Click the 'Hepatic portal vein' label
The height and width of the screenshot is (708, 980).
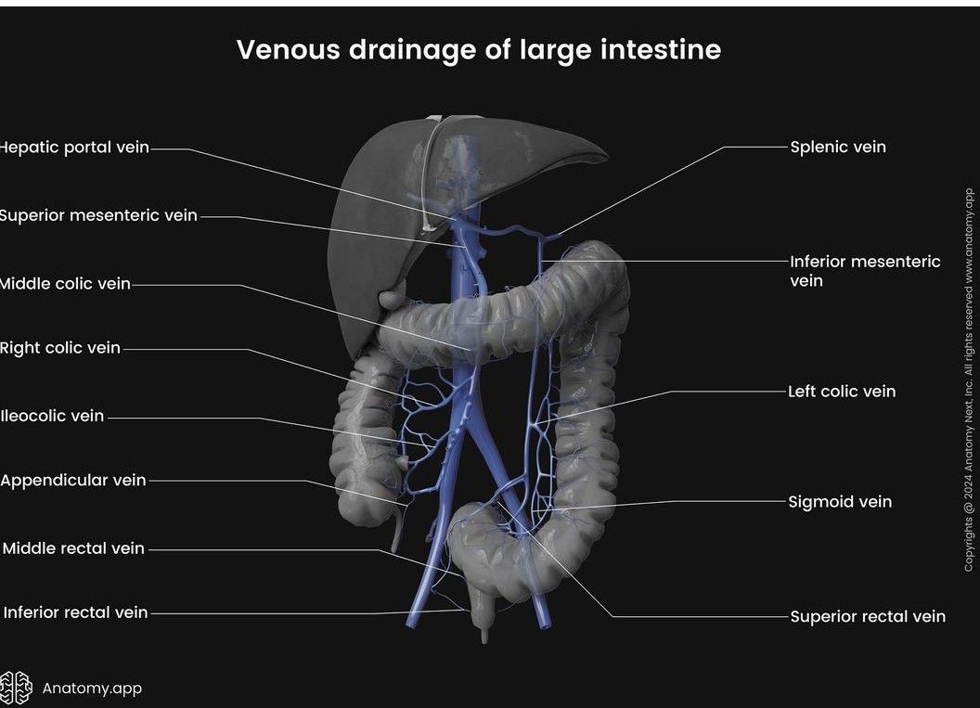point(74,148)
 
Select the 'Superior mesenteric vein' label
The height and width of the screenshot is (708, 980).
point(97,215)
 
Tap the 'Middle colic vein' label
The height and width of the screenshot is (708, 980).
point(65,284)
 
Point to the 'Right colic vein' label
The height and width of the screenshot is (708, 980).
point(60,348)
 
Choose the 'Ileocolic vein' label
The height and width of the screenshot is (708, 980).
point(52,416)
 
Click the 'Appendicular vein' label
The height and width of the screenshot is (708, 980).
point(73,481)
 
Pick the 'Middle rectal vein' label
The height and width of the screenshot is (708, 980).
point(73,548)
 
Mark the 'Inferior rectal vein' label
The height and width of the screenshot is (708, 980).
point(75,612)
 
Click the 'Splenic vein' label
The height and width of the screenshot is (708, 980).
point(837,147)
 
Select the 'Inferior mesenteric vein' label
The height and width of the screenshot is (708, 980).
point(864,271)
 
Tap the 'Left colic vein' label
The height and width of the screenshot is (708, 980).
point(842,392)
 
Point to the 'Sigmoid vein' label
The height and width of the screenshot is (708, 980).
point(840,502)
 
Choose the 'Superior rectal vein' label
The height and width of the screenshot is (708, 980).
point(868,616)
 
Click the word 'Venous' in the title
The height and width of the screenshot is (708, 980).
point(288,49)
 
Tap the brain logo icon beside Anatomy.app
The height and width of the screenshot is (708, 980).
point(16,688)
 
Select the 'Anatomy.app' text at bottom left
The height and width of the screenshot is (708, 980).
point(92,689)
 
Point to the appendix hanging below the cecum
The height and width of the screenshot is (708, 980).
point(397,530)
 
